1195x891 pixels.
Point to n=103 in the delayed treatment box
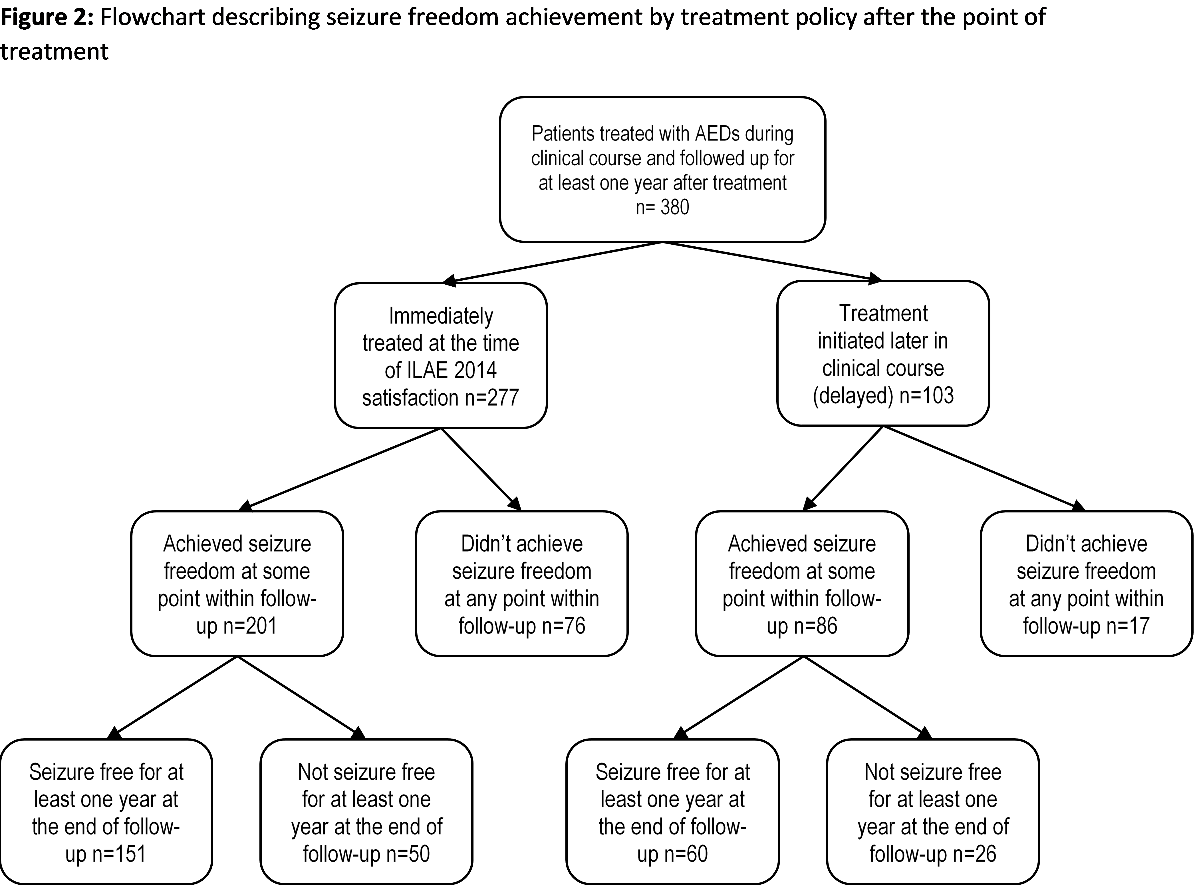pyautogui.click(x=926, y=395)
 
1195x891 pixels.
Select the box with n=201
pyautogui.click(x=237, y=584)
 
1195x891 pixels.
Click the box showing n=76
pyautogui.click(x=521, y=584)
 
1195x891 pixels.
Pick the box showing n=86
pyautogui.click(x=802, y=584)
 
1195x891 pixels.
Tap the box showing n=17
pyautogui.click(x=1086, y=584)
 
